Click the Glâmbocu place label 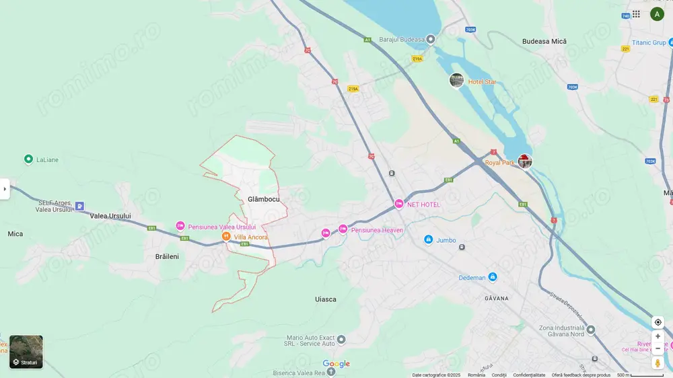pos(263,199)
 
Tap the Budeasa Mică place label pos(544,41)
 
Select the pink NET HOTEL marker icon pos(399,204)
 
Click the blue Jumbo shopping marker pos(428,240)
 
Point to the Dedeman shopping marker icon pos(493,277)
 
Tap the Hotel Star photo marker pos(456,80)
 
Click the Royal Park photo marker pos(525,161)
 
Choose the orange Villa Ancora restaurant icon pos(226,237)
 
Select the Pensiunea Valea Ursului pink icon pos(180,226)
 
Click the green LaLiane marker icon pos(28,159)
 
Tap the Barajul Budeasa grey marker pos(431,39)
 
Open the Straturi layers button pos(26,352)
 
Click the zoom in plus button pos(658,336)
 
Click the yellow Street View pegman pos(658,363)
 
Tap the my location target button pos(658,322)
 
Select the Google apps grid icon pos(636,13)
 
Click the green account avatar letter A pos(657,13)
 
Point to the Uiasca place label pos(326,299)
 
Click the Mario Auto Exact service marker pos(341,340)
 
